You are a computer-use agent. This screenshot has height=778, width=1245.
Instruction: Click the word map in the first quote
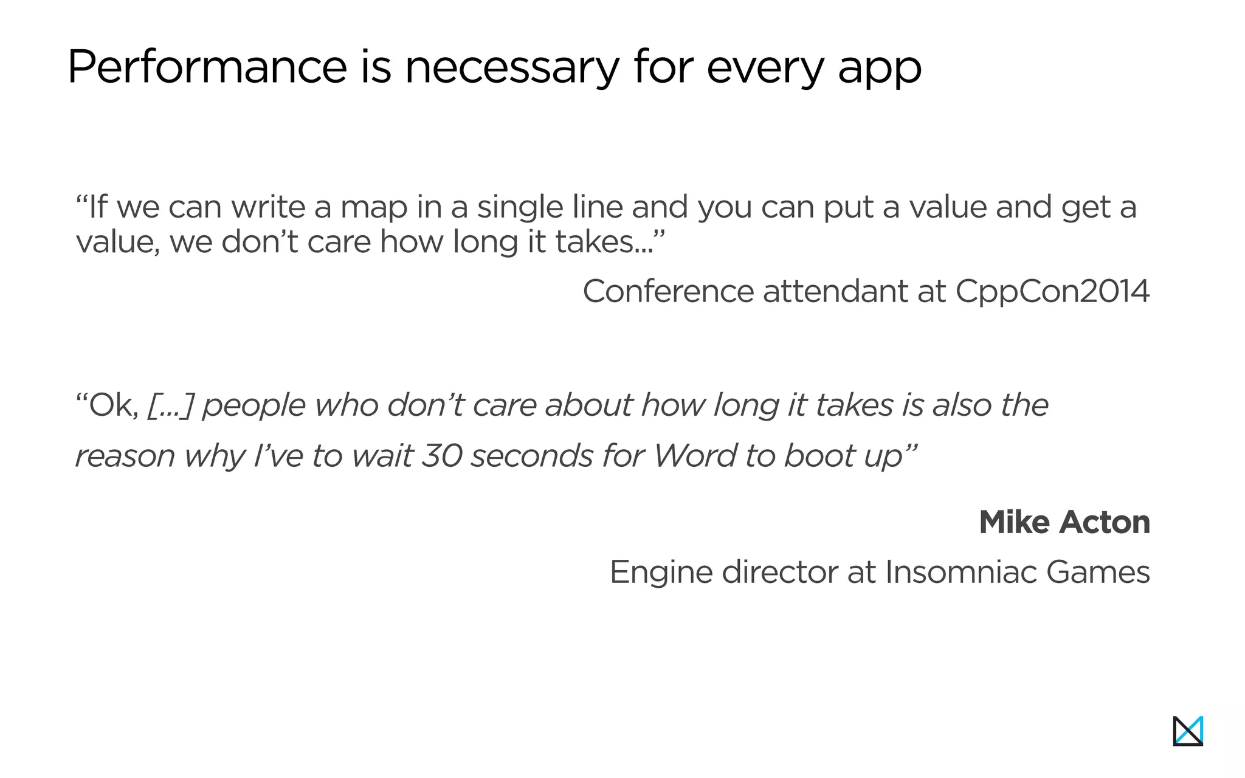pyautogui.click(x=374, y=208)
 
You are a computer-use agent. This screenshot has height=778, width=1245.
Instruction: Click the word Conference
pyautogui.click(x=668, y=291)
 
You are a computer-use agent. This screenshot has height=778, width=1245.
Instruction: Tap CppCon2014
pyautogui.click(x=1052, y=292)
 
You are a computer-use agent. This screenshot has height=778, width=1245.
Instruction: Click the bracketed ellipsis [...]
pyautogui.click(x=170, y=405)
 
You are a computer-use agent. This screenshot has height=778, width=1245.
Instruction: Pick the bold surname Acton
pyautogui.click(x=1105, y=522)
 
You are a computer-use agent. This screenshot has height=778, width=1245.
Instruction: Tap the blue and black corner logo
pyautogui.click(x=1188, y=731)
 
